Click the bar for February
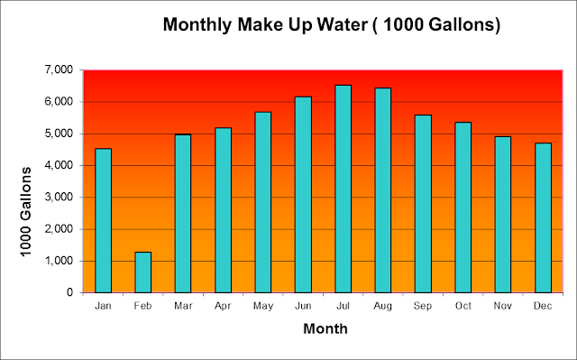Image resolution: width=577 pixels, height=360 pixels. coord(143,272)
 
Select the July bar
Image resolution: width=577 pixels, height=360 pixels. coord(343,189)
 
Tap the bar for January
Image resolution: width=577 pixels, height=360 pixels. coord(103,220)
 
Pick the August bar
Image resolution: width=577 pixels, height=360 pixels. coord(383,190)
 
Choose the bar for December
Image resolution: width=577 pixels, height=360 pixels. coord(543,218)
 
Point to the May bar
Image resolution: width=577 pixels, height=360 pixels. coord(263,202)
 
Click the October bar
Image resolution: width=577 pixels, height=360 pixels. coord(463,208)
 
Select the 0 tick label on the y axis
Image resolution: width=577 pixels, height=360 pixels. coord(70,292)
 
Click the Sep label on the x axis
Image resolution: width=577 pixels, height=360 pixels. coord(423,306)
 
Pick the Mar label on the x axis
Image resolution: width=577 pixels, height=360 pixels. coord(183,306)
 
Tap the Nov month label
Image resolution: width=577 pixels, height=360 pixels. coord(503,306)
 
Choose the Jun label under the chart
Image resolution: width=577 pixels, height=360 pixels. coord(303,306)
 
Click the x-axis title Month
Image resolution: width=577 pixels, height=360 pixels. coord(325,328)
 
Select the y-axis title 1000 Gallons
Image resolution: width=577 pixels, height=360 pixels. coord(26,212)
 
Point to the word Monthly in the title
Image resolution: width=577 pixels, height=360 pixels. coord(197,25)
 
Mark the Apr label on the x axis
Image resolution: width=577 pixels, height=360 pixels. coord(223,306)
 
